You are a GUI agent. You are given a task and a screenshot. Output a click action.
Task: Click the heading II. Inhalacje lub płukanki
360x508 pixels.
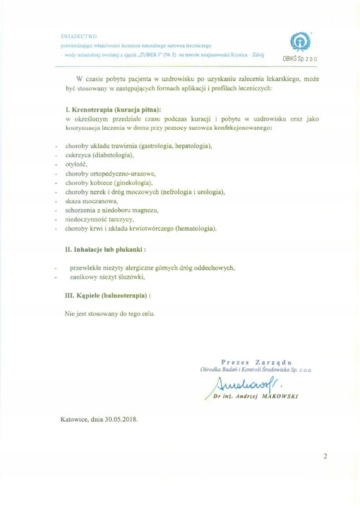pos(106,249)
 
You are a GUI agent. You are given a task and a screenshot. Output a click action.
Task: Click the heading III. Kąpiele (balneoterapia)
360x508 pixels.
pos(107,296)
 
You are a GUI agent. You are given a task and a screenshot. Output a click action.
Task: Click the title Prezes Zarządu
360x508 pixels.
pos(253,361)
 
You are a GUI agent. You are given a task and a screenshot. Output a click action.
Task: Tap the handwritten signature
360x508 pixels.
pos(240,385)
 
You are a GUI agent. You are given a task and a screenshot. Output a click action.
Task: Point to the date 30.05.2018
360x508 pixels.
pos(120,418)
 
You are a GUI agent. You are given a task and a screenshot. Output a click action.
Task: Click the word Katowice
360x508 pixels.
pos(78,418)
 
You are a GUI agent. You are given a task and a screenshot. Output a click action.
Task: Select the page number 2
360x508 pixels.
pos(325,456)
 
